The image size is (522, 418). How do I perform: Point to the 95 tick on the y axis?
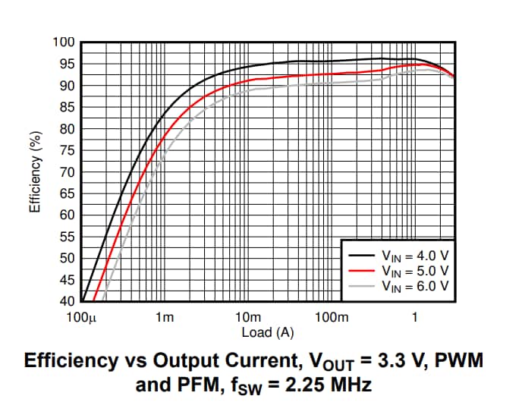(x=65, y=64)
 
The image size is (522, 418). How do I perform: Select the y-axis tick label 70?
(x=65, y=172)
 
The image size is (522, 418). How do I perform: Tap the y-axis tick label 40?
(x=65, y=301)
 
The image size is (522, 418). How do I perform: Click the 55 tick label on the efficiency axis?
(x=65, y=237)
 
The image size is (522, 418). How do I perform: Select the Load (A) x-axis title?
(x=267, y=332)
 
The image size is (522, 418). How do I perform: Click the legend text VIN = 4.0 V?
(x=415, y=256)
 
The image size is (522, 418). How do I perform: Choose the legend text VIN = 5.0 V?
(x=415, y=270)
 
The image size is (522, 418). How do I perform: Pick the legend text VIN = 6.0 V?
(x=415, y=285)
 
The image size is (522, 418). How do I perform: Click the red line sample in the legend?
(x=360, y=270)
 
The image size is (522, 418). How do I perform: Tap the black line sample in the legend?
(x=360, y=255)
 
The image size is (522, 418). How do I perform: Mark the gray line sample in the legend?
(x=360, y=285)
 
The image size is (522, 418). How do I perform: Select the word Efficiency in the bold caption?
(x=72, y=360)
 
